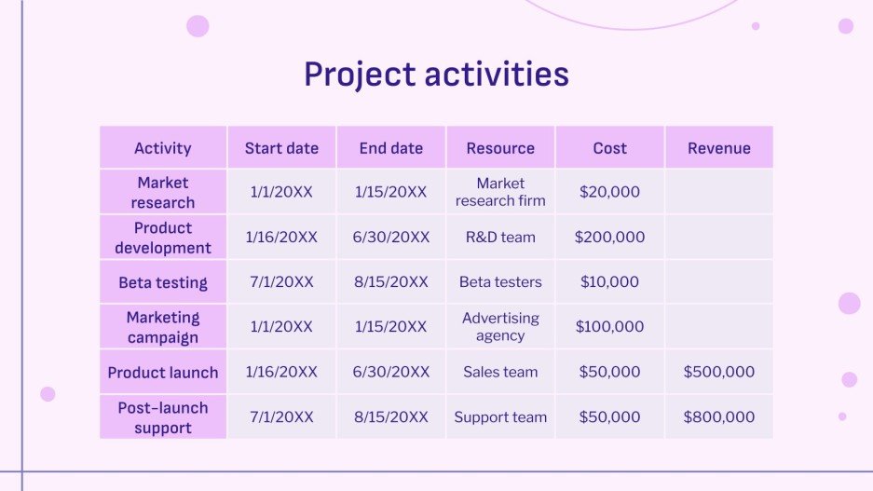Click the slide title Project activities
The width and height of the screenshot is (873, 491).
[436, 74]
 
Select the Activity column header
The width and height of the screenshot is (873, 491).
[163, 148]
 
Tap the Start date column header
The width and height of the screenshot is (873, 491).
[281, 148]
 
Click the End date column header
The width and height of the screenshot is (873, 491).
[391, 148]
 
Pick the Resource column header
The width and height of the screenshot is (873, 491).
[500, 148]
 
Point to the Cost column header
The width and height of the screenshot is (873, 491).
[609, 148]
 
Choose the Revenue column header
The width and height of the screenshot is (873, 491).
[718, 148]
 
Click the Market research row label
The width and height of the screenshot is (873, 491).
[163, 193]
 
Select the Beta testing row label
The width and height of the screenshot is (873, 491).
[163, 282]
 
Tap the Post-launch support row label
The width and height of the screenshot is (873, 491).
[163, 417]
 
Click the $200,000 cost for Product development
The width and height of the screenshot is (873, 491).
[609, 238]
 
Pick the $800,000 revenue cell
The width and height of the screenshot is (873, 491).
[718, 417]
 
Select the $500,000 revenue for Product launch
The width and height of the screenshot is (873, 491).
[718, 372]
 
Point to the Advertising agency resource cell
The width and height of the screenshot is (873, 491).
[500, 327]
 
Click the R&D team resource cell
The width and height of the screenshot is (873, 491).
[500, 238]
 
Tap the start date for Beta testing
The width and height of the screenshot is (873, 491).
[281, 282]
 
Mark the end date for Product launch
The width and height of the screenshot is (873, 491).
[391, 372]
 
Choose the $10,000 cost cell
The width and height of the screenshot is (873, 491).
[609, 282]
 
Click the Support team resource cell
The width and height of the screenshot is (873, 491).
[500, 417]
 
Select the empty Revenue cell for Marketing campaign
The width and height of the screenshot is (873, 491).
[718, 327]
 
